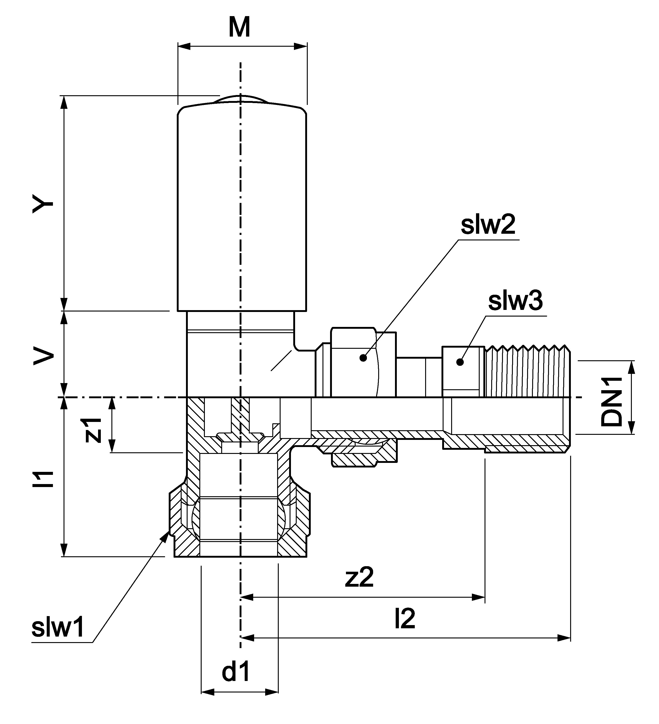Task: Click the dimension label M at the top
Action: point(239,28)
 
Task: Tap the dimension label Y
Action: point(43,204)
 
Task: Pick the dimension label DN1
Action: point(611,401)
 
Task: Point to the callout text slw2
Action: point(488,225)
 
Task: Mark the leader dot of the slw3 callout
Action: point(460,362)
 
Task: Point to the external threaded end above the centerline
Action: point(527,371)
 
